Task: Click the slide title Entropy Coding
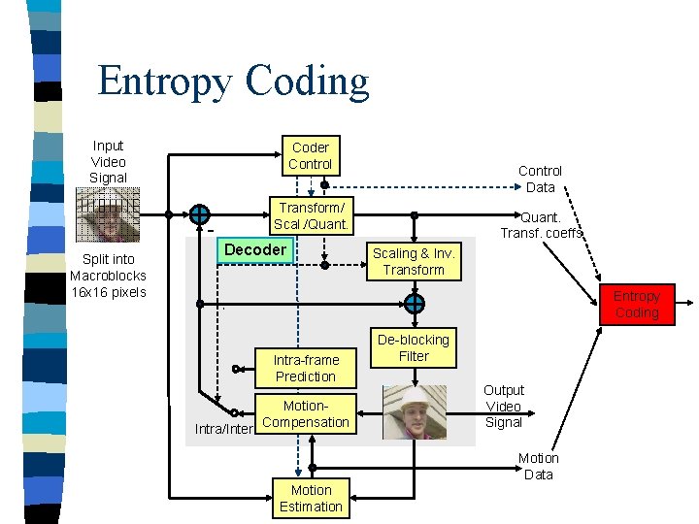point(233,82)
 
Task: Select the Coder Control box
point(310,156)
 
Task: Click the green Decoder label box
point(254,250)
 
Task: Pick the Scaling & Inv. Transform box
point(414,262)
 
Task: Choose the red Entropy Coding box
point(636,305)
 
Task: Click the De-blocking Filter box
point(414,348)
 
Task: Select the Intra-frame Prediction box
point(305,368)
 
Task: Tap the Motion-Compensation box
point(305,414)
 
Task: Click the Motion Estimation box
point(311,499)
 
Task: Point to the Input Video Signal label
point(108,162)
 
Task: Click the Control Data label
point(540,179)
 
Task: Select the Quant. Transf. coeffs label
point(542,225)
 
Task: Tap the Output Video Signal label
point(503,406)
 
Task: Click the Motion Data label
point(538,466)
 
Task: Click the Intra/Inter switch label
point(223,428)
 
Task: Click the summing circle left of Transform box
point(199,214)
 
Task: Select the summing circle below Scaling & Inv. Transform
point(414,304)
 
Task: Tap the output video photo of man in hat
point(414,411)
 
